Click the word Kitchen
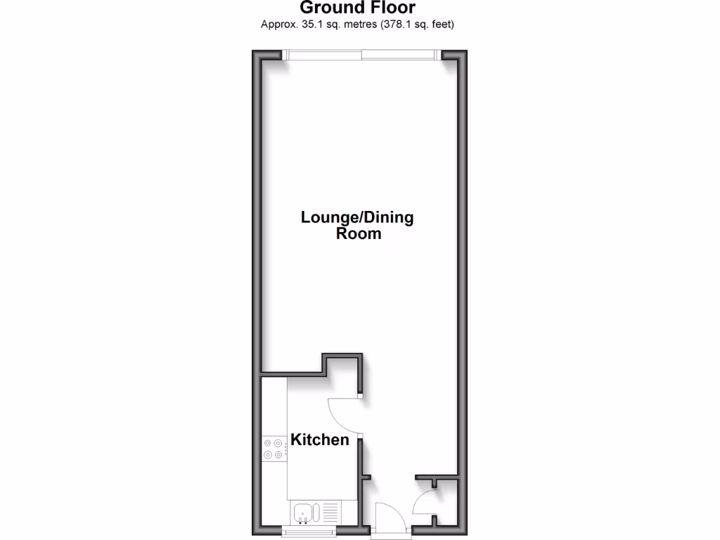(320, 440)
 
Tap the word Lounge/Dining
(357, 217)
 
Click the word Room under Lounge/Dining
(359, 234)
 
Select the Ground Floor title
(358, 8)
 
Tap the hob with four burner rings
(274, 448)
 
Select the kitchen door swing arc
(343, 415)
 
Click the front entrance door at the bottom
(388, 520)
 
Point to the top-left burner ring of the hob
(268, 442)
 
